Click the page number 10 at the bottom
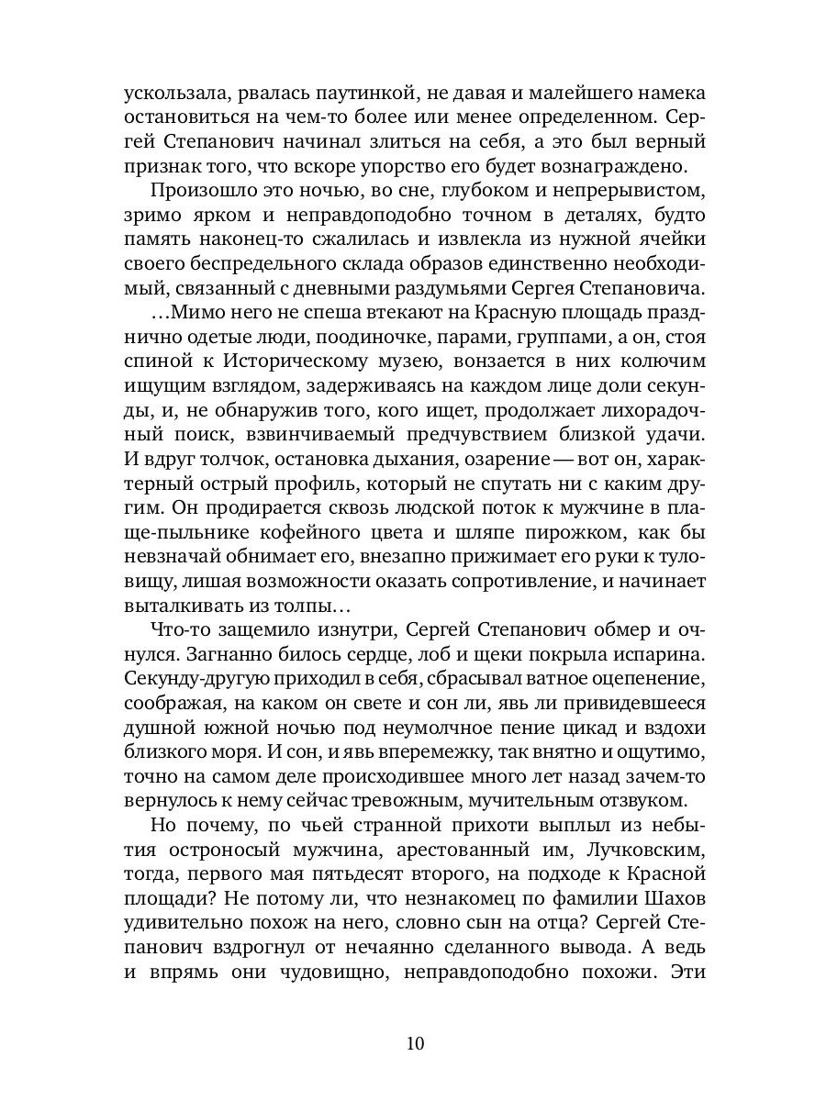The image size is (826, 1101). coord(414,1042)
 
